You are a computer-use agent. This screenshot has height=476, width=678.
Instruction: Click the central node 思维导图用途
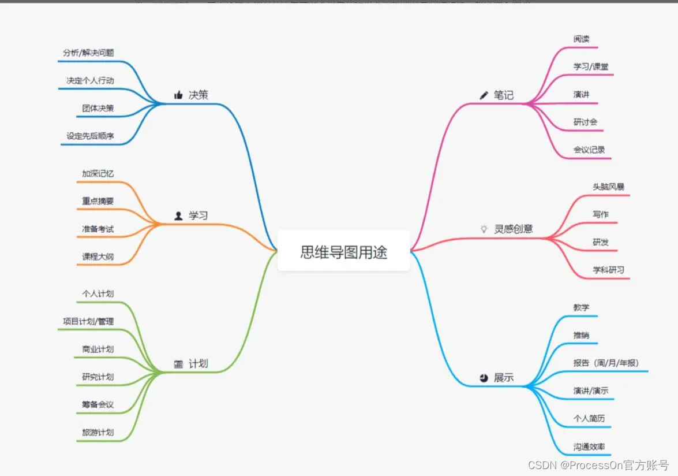click(x=344, y=251)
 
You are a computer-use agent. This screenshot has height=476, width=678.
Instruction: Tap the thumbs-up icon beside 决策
click(x=178, y=95)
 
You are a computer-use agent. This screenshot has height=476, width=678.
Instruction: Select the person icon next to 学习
click(x=178, y=215)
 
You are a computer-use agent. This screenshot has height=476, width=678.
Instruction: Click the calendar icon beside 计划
click(x=178, y=364)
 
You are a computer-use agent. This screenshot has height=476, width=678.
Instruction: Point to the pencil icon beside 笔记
click(x=484, y=95)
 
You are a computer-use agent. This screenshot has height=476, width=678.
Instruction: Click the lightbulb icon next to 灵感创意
click(x=484, y=229)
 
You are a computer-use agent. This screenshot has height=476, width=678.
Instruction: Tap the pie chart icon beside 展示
click(x=484, y=378)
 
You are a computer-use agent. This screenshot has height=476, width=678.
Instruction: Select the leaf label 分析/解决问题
click(x=88, y=53)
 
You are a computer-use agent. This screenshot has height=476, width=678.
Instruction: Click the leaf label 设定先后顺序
click(x=90, y=136)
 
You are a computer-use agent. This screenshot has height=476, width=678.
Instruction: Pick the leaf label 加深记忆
click(x=98, y=173)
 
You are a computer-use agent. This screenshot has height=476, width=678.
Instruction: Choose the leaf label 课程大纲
click(x=98, y=256)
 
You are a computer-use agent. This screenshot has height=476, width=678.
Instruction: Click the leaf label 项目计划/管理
click(x=88, y=321)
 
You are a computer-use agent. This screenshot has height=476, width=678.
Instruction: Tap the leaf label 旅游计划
click(x=98, y=432)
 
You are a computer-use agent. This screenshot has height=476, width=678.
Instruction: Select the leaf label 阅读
click(x=582, y=39)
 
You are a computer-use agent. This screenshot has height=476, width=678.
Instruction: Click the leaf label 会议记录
click(x=589, y=150)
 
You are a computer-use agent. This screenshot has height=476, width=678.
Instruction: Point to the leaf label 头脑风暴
click(x=608, y=187)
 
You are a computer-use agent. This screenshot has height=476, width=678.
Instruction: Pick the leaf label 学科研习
click(x=608, y=270)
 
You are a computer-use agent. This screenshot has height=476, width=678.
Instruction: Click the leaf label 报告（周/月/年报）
click(x=606, y=363)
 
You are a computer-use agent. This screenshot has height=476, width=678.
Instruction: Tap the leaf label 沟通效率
click(x=589, y=447)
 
